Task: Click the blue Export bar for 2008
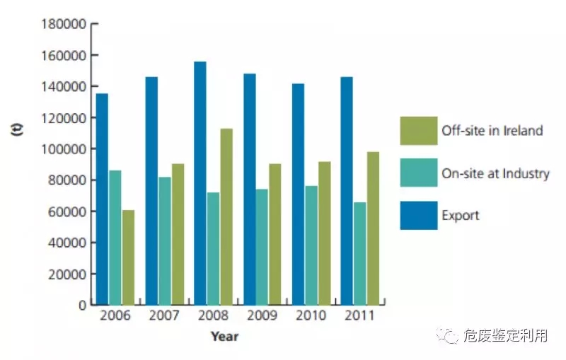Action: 200,183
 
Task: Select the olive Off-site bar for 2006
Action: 128,257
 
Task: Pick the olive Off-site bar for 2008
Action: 226,216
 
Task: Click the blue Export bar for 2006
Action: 102,199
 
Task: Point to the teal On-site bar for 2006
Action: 115,238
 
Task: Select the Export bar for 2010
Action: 298,194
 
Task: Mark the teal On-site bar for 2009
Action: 262,247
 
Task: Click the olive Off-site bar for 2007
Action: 178,234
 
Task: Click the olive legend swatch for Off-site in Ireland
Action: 417,130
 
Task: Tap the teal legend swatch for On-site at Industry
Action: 417,173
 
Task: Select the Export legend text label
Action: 461,215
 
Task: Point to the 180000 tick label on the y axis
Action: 64,25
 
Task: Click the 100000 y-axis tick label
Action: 64,149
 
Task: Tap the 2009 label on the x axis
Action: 261,315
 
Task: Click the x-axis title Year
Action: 224,337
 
